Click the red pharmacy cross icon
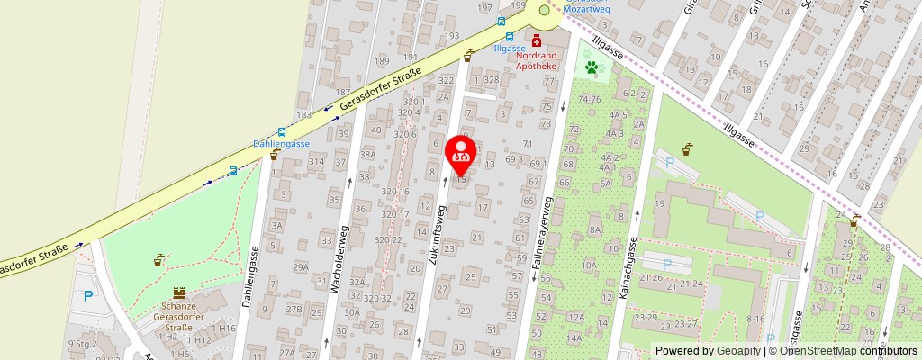point(537,40)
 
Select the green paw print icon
point(592,67)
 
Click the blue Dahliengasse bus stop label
point(281,143)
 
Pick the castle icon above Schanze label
point(178,292)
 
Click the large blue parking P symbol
point(87,296)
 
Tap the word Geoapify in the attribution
point(738,351)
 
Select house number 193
point(451,35)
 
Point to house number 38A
point(367,154)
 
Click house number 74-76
point(589,98)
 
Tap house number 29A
point(300,267)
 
